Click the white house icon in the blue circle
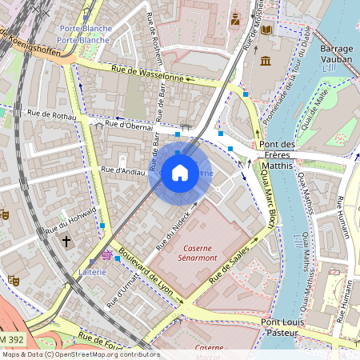pyautogui.click(x=180, y=173)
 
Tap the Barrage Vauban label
pyautogui.click(x=336, y=53)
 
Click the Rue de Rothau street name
pyautogui.click(x=51, y=116)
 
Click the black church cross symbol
pyautogui.click(x=66, y=240)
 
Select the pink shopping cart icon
pyautogui.click(x=106, y=255)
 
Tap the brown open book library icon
pyautogui.click(x=266, y=30)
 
